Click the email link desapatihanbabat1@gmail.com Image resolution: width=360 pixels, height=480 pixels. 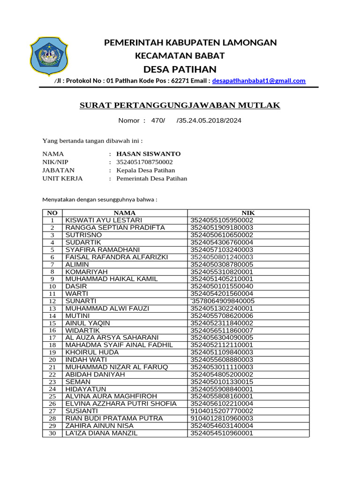pos(259,81)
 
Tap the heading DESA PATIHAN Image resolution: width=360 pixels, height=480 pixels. pos(180,69)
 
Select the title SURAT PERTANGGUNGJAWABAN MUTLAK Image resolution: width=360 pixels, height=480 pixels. pos(180,105)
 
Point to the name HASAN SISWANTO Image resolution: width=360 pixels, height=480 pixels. pos(148,154)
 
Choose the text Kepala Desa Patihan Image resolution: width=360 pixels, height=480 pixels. pos(145,170)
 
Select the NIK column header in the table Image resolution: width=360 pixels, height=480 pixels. pos(248,213)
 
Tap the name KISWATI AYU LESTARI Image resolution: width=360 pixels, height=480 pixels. pos(104,220)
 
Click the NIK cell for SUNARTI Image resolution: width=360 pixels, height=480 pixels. pos(222,301)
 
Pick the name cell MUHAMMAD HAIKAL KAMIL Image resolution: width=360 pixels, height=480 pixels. pos(112,279)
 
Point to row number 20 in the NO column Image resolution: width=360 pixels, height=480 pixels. pos(52,360)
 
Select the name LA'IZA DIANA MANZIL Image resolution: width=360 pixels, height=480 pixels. pos(102,433)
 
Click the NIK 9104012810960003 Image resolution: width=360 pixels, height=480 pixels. pos(222,418)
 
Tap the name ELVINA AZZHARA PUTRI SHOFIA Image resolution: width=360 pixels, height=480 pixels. pos(121,404)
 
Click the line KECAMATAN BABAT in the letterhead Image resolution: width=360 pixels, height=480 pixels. pos(180,56)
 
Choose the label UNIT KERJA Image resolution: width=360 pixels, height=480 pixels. pos(62,179)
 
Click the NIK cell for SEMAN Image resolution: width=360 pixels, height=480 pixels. pos(222,382)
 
